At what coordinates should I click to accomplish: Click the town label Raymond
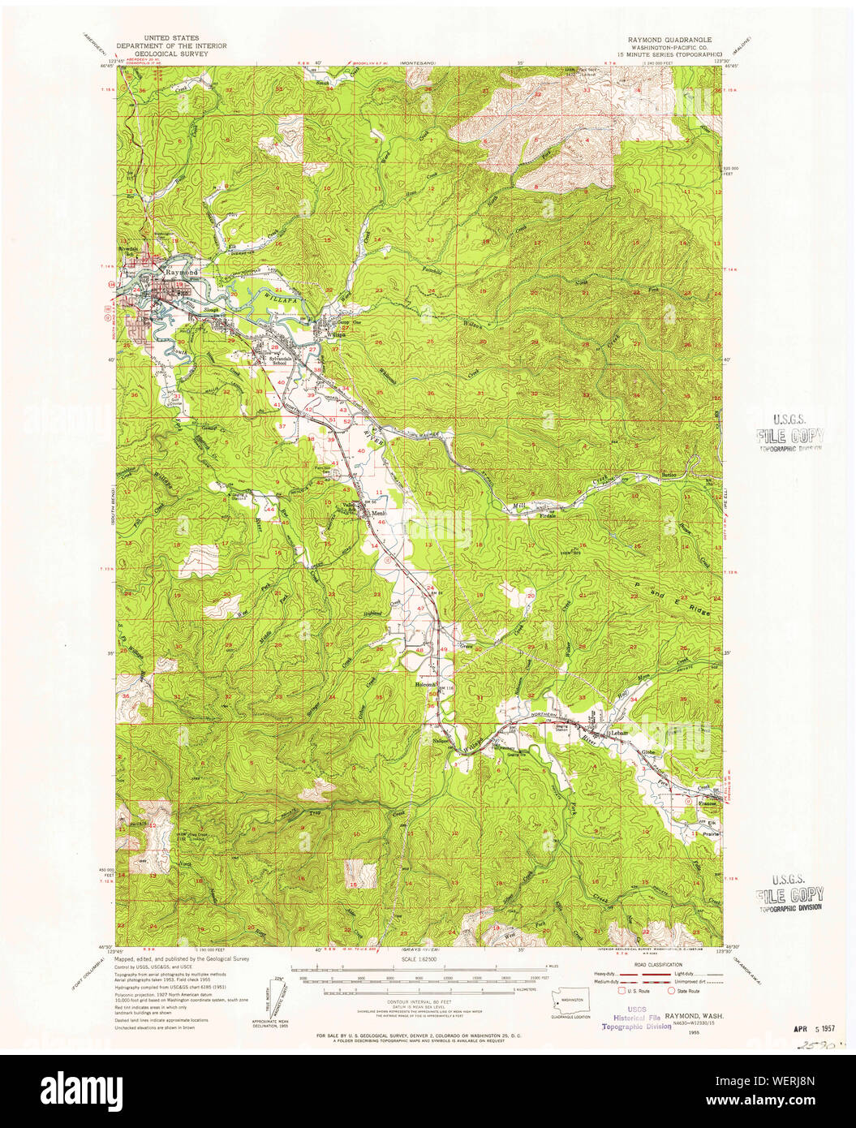[182, 273]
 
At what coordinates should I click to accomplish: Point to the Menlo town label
[379, 514]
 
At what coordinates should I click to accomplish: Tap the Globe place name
[648, 752]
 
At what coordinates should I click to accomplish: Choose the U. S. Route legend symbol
[623, 991]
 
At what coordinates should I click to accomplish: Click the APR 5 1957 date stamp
[815, 1026]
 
